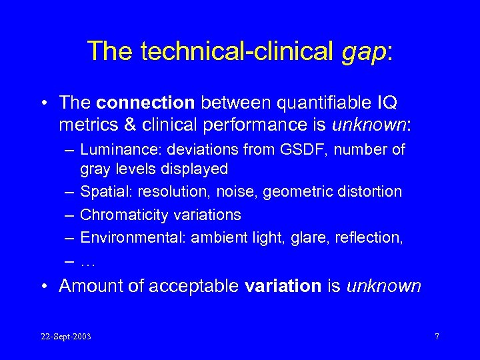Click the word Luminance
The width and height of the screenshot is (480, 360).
115,150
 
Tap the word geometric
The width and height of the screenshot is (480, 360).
296,192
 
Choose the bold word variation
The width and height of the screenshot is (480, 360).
283,286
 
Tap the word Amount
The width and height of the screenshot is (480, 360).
89,286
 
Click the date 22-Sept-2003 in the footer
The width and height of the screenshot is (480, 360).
65,337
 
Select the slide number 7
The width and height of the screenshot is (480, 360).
437,337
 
